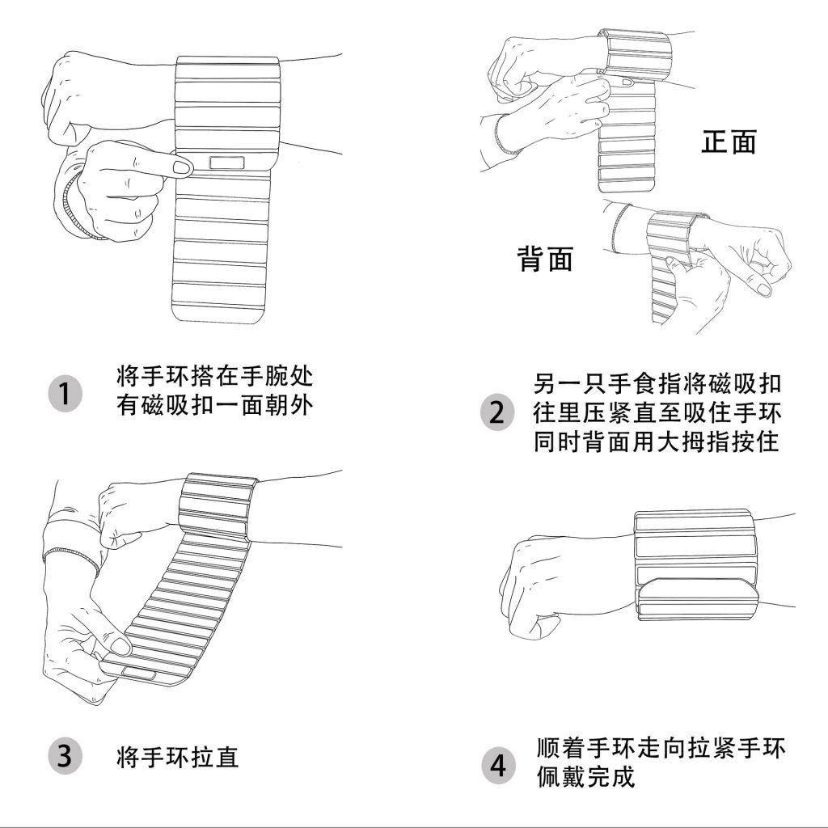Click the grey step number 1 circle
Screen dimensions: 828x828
(x=65, y=394)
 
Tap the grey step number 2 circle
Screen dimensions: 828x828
(x=497, y=412)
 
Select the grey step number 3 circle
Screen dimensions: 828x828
(x=65, y=756)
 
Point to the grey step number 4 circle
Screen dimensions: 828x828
(x=497, y=766)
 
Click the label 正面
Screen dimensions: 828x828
(x=729, y=142)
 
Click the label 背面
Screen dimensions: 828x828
(x=545, y=259)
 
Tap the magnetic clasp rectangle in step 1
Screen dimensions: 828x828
(x=227, y=162)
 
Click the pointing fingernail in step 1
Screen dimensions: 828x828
(x=182, y=168)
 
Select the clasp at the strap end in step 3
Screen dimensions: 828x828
(x=139, y=673)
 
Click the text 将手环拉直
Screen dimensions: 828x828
(x=177, y=757)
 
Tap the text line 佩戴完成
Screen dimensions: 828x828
(x=585, y=777)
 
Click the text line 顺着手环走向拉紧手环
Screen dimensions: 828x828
(x=661, y=748)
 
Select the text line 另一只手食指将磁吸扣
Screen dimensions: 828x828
(x=657, y=384)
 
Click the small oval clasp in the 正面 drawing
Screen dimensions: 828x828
(x=627, y=82)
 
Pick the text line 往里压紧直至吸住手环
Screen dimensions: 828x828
(x=657, y=412)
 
